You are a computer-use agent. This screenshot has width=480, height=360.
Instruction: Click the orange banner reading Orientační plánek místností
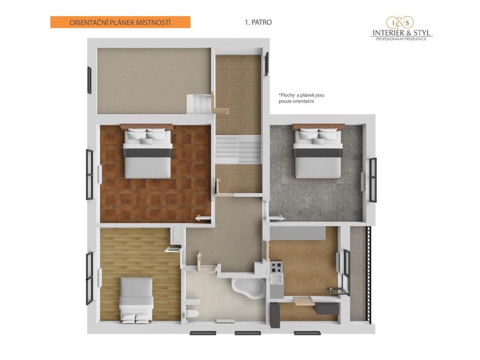[x=121, y=22]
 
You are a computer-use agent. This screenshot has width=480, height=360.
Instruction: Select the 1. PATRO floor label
[x=258, y=22]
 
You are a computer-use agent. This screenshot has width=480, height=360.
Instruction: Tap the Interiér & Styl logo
[x=401, y=28]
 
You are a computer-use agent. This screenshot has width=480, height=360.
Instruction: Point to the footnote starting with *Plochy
[x=301, y=98]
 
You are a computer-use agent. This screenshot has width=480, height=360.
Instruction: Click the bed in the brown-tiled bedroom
[x=148, y=152]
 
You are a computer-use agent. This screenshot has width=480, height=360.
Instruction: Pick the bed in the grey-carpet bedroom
[x=318, y=152]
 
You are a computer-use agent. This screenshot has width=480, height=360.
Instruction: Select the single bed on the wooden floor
[x=136, y=300]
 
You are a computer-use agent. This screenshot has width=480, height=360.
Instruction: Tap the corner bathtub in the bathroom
[x=248, y=288]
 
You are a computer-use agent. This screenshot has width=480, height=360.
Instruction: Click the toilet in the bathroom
[x=193, y=313]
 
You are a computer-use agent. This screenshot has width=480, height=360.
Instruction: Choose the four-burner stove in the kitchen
[x=276, y=267]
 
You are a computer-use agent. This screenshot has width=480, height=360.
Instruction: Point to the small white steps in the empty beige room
[x=200, y=104]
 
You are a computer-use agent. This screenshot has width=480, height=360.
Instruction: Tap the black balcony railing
[x=369, y=274]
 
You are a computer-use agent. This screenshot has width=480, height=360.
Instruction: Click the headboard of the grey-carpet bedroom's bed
[x=319, y=126]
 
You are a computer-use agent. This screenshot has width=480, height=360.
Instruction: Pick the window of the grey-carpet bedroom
[x=373, y=179]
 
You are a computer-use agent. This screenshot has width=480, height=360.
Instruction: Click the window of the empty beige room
[x=89, y=80]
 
